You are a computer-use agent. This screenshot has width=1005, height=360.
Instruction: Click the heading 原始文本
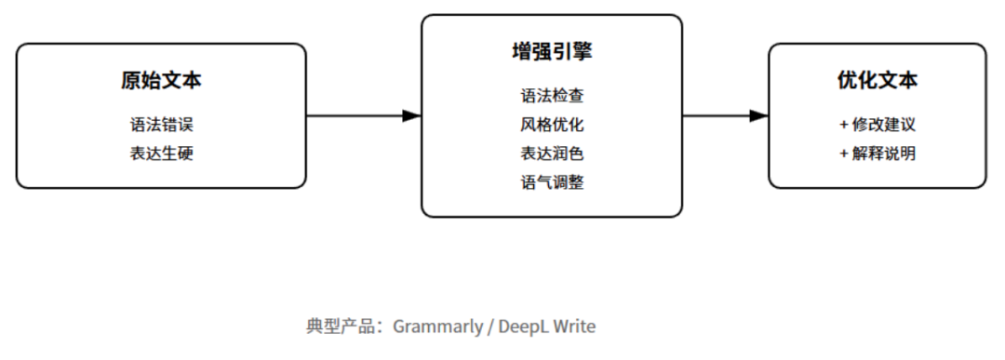coord(161,81)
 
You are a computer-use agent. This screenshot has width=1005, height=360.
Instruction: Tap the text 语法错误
coord(161,125)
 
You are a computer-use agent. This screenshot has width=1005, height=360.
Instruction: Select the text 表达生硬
coord(161,153)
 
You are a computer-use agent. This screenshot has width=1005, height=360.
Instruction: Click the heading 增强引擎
coord(552,52)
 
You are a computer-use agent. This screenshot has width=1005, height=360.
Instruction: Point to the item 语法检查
coord(552,96)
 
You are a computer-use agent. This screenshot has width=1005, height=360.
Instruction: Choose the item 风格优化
coord(552,125)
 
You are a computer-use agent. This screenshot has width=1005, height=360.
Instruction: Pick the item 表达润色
coord(552,153)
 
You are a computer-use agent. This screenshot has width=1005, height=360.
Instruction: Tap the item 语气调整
coord(552,182)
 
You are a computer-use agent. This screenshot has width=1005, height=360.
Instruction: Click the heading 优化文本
coord(877,81)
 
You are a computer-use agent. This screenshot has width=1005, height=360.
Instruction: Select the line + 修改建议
coord(877,125)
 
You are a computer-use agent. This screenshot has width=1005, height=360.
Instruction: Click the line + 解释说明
coord(877,153)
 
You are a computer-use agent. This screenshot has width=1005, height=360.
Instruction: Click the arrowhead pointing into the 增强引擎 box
coord(411,116)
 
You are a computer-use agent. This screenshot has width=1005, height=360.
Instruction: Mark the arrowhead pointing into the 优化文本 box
coord(758,116)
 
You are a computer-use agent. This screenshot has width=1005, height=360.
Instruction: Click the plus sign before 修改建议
coord(843,125)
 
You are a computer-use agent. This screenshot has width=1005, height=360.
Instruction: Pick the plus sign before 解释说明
coord(843,153)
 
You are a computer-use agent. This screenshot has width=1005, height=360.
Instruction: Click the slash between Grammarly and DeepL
coord(490,327)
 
